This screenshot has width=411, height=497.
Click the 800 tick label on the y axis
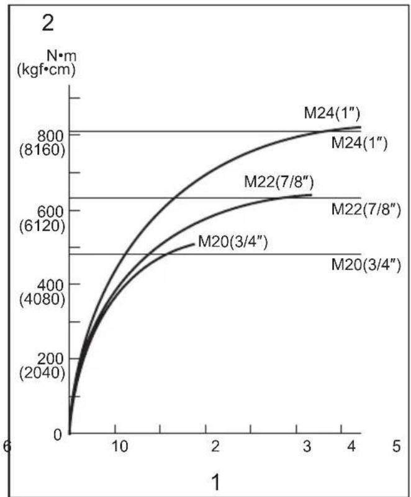50,137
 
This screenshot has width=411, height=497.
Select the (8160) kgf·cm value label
42,150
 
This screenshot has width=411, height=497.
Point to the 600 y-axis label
50,212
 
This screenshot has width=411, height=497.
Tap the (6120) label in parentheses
42,226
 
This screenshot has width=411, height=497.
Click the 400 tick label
50,286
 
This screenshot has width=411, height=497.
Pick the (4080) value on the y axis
42,300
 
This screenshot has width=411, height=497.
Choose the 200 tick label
50,360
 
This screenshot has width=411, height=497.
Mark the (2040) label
42,374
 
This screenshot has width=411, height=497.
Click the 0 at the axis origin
58,434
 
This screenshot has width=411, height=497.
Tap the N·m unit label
61,56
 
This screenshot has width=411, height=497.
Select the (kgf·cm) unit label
47,69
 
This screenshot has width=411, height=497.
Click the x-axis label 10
120,446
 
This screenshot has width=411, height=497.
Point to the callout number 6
7,446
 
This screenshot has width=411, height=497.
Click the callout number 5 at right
397,446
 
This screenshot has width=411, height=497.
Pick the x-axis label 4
351,446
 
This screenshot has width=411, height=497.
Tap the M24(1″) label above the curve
332,113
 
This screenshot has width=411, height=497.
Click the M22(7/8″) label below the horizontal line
366,210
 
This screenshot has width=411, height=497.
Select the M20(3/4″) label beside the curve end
233,242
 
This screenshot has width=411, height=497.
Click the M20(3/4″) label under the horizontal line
366,264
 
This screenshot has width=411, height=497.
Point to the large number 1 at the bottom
215,483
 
